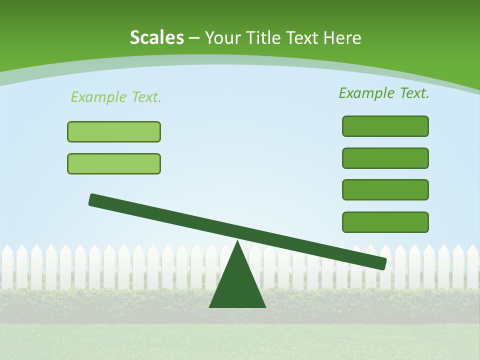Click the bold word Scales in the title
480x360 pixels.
(x=156, y=38)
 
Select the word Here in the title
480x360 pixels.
(x=341, y=38)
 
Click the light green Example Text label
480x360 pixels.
(x=116, y=97)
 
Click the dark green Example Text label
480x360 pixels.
(x=384, y=93)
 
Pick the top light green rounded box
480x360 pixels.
(x=114, y=132)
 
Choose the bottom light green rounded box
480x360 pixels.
(x=114, y=164)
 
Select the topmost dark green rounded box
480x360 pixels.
(x=385, y=126)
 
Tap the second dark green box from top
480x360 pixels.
(x=385, y=158)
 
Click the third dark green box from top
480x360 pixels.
(x=385, y=190)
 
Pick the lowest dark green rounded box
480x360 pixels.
(x=385, y=222)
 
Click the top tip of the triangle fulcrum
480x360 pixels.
(x=237, y=242)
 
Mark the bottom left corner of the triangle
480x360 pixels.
(x=210, y=306)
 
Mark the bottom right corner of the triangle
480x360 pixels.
(x=265, y=306)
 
